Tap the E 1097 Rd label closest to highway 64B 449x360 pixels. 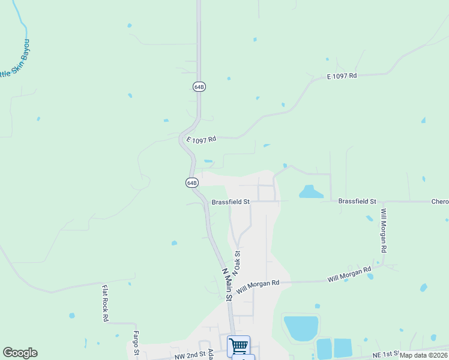[200, 140]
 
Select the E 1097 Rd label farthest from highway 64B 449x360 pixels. [342, 76]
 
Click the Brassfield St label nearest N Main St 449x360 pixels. [231, 202]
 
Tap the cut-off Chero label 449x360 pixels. [439, 202]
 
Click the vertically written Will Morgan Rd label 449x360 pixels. [384, 230]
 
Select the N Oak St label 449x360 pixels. [237, 263]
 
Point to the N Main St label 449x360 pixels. [228, 284]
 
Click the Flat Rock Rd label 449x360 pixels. [104, 303]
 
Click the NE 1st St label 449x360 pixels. [385, 355]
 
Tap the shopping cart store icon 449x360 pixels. [238, 345]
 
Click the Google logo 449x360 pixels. [20, 353]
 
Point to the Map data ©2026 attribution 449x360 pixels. [423, 355]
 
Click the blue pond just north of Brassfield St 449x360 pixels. [311, 192]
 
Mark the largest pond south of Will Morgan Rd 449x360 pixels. [301, 328]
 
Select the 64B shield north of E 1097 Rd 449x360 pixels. [199, 86]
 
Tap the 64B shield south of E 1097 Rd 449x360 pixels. [191, 182]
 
